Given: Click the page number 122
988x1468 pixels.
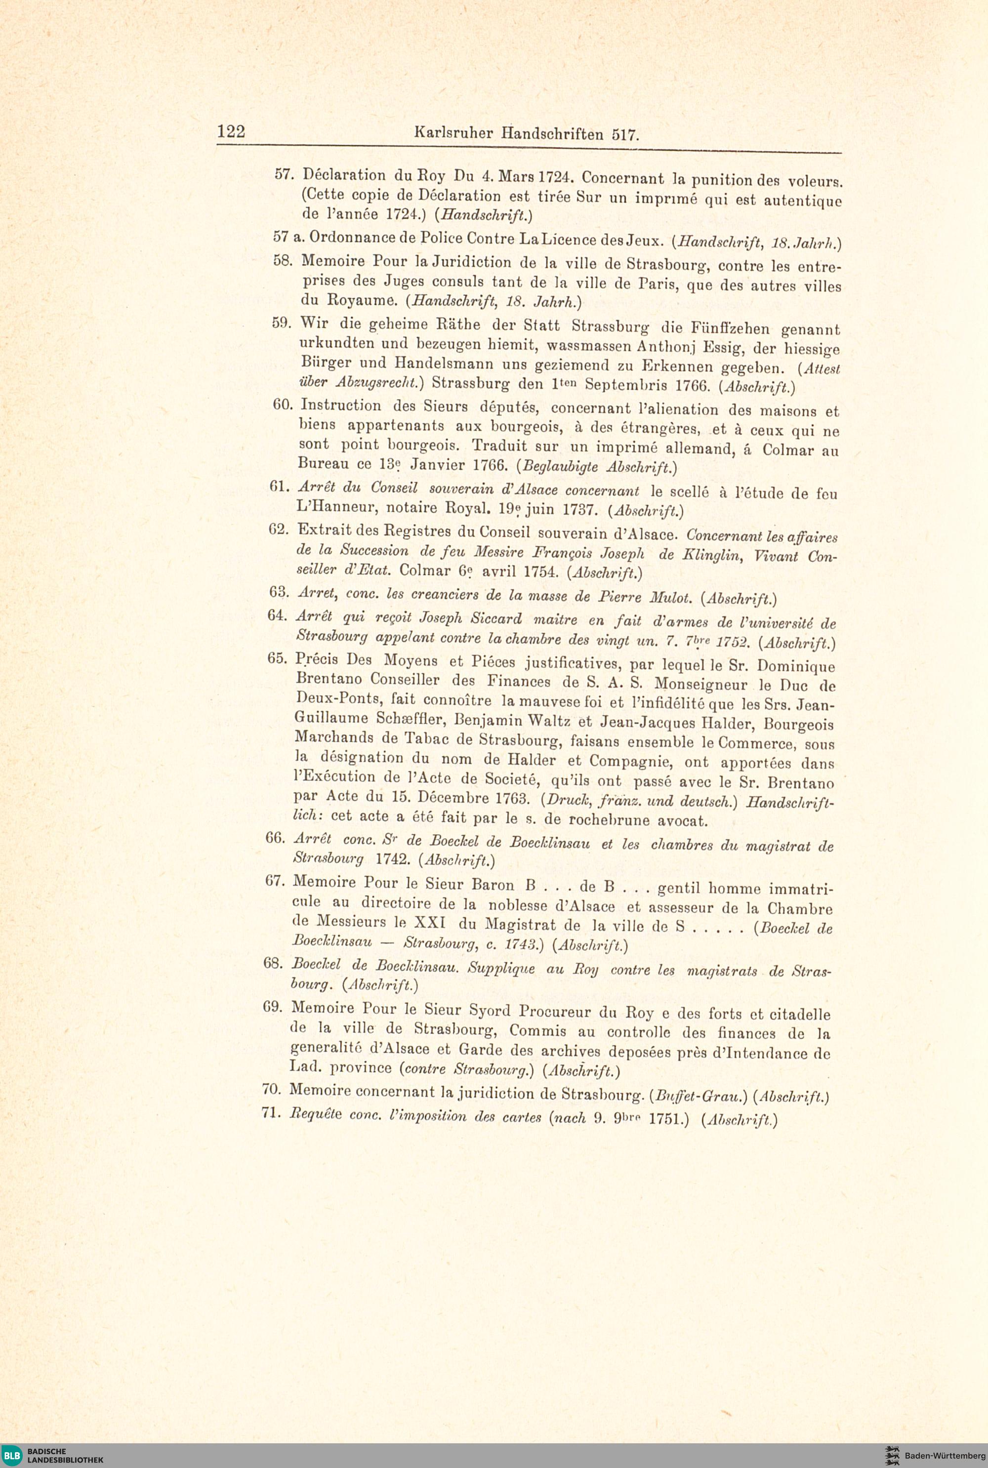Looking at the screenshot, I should pyautogui.click(x=231, y=131).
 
